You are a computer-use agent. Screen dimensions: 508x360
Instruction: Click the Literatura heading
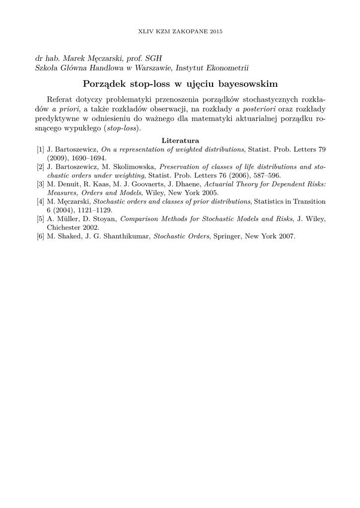coord(180,140)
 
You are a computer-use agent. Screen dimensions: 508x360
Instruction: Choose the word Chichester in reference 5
coord(64,227)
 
